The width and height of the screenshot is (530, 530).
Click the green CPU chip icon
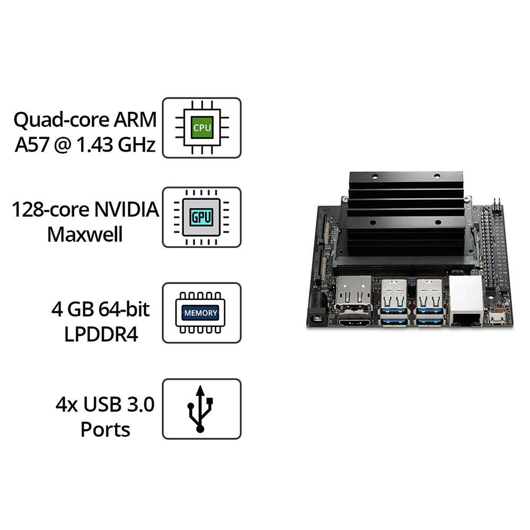(201, 127)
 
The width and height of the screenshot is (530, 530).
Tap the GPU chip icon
(201, 217)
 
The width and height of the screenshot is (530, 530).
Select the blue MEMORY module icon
(201, 313)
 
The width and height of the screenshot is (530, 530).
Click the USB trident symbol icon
(201, 409)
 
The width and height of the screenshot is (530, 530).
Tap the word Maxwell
(85, 234)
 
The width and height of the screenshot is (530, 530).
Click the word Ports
(105, 429)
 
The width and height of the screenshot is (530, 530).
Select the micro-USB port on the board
(497, 319)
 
